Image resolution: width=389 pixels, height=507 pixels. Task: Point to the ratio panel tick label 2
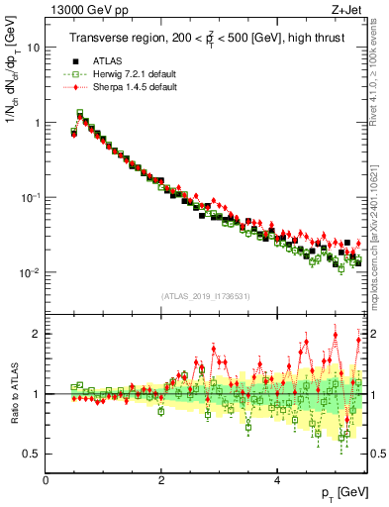37,334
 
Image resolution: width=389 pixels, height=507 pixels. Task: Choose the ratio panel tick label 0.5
32,454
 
